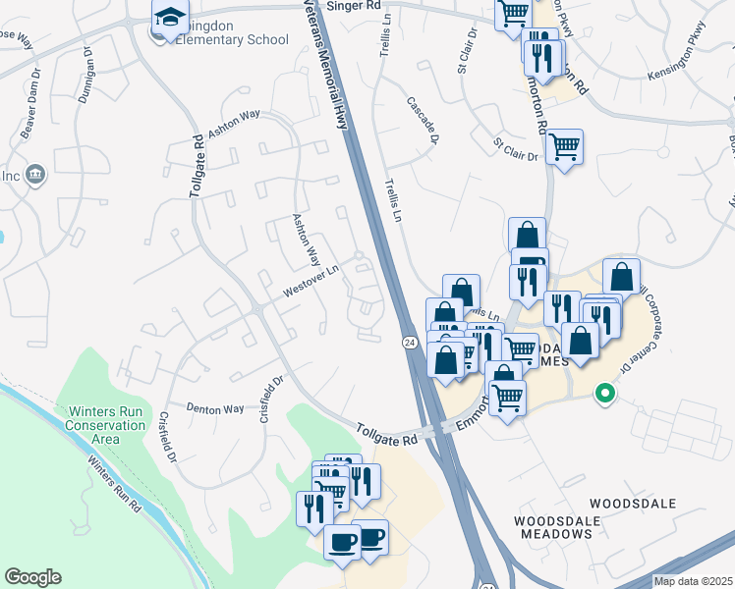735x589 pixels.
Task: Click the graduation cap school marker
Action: click(170, 17)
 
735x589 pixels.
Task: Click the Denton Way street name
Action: click(215, 408)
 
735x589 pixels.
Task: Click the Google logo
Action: click(32, 577)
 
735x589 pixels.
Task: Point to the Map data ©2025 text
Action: click(693, 581)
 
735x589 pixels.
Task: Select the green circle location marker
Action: click(605, 395)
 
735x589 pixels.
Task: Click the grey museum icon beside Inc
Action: click(36, 175)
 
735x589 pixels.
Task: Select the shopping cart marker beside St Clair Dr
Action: click(564, 147)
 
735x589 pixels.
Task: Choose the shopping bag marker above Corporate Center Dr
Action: click(621, 276)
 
